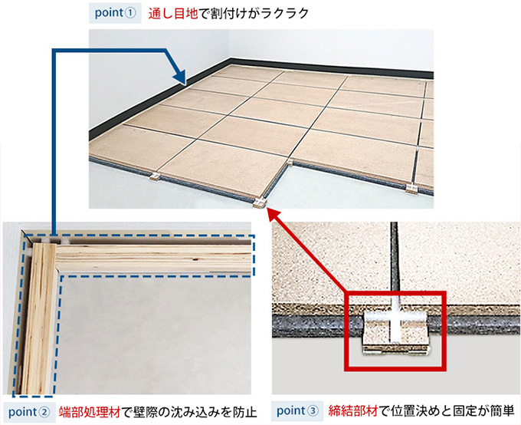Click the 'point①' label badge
point(115,14)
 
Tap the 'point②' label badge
point(29,413)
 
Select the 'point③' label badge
point(297,411)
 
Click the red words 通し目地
point(173,14)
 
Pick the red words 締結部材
point(353,411)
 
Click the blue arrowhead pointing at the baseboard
point(180,77)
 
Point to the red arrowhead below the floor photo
point(274,216)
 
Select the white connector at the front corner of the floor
point(260,203)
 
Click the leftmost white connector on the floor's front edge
point(154,176)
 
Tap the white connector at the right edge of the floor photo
point(411,189)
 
